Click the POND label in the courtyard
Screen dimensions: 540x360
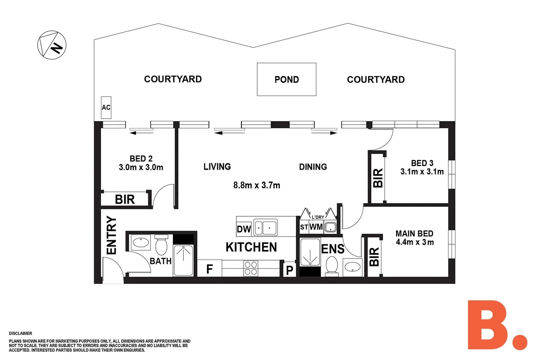coord(287,80)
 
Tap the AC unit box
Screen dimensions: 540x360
coord(106,108)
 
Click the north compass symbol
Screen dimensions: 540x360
coord(52,45)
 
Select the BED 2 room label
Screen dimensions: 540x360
coord(141,159)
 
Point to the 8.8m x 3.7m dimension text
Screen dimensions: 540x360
coord(257,185)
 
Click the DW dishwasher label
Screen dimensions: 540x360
coord(244,229)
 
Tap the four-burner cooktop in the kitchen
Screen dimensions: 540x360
coord(251,268)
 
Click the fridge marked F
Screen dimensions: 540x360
coord(209,268)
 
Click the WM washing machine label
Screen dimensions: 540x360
coord(316,227)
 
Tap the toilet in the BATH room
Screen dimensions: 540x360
coord(161,245)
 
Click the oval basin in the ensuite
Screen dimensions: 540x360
coord(352,267)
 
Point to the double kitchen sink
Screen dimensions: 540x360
coord(266,227)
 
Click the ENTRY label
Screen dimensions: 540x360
coord(111,235)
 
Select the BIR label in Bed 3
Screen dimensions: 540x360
coord(378,178)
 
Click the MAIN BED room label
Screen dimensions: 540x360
coord(414,233)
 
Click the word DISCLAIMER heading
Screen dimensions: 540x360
coord(20,333)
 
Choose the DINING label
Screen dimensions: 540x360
coord(313,167)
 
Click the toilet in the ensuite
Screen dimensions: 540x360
coord(332,266)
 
